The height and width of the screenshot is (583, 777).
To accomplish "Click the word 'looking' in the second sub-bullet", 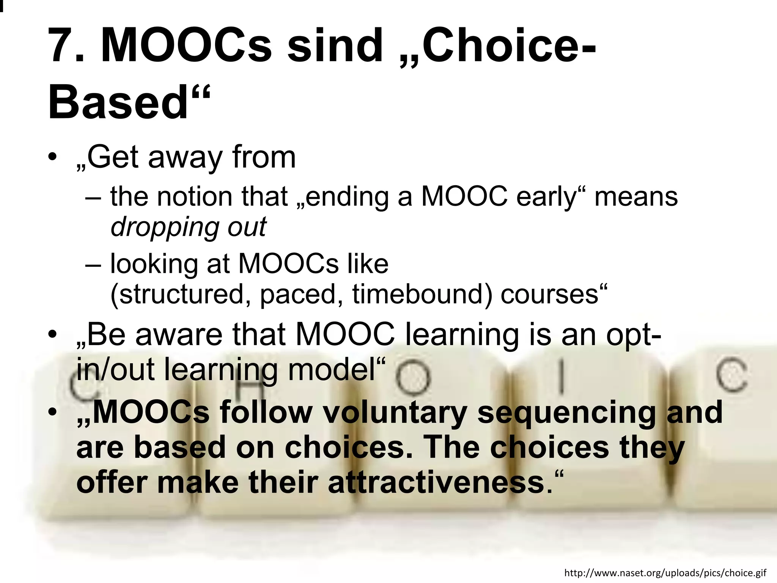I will [154, 264].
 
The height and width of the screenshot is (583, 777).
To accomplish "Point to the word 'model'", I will [332, 369].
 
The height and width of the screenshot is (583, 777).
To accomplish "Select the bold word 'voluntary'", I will [395, 413].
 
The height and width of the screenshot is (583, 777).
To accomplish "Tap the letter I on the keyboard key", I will [561, 378].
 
